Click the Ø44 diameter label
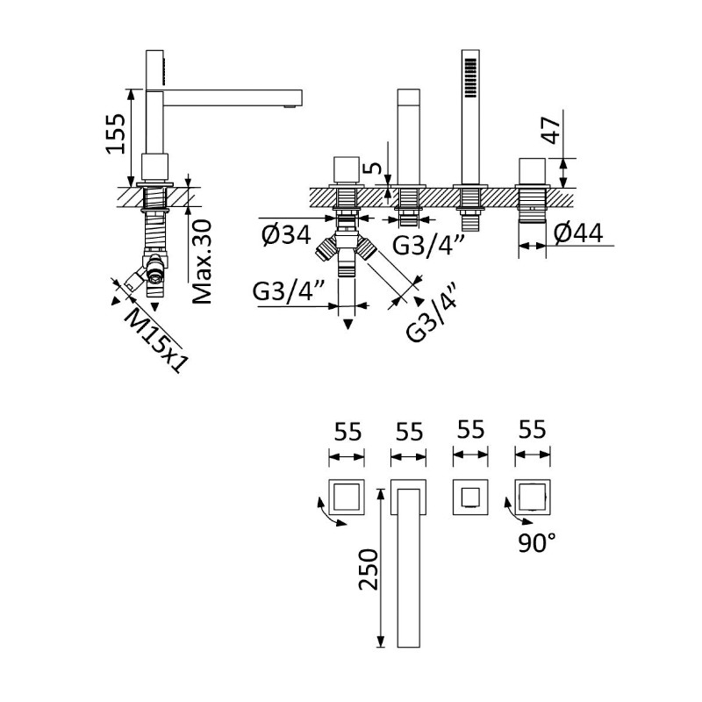(578, 233)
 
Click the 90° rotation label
(536, 544)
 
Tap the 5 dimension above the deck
(375, 167)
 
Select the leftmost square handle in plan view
(346, 497)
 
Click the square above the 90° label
(533, 497)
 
